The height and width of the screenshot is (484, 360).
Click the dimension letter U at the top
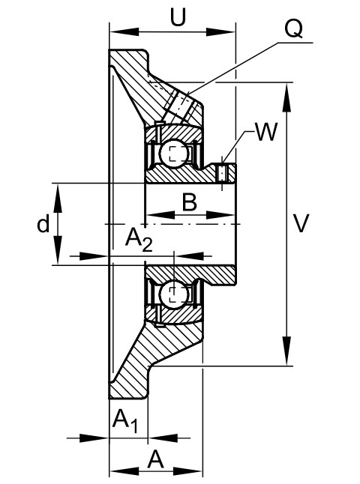pos(178,17)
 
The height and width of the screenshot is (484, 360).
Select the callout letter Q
pos(293,29)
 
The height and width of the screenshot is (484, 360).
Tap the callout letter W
pos(266,132)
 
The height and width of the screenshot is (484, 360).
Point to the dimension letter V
pos(300,223)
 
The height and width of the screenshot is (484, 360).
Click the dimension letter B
pos(190,202)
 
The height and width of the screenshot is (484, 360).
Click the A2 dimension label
pos(139,241)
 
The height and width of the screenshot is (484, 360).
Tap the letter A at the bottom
pos(155,459)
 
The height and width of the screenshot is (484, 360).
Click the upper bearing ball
pos(174,154)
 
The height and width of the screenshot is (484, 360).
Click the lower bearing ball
pos(174,293)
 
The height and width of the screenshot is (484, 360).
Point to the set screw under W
pos(222,172)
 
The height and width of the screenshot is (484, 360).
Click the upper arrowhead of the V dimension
pos(287,97)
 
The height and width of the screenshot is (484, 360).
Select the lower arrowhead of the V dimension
pos(287,351)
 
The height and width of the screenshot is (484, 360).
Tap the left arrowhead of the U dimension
pos(124,31)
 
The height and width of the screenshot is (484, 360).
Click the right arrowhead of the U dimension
pos(220,31)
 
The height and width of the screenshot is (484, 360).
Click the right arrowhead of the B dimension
pos(220,215)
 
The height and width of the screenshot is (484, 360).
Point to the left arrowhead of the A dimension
pos(124,471)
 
